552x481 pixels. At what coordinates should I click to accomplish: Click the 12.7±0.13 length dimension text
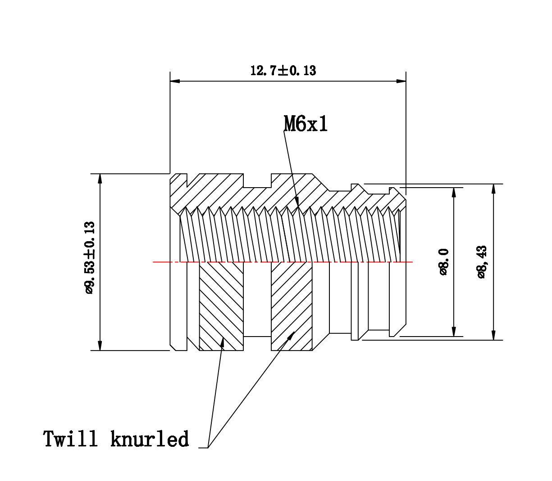(x=283, y=71)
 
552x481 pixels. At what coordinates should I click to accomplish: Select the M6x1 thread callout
(x=306, y=124)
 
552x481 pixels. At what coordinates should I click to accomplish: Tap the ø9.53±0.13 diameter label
(x=90, y=257)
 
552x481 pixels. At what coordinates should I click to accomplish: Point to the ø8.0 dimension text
(x=444, y=261)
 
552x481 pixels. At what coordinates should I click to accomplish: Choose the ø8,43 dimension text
(x=482, y=262)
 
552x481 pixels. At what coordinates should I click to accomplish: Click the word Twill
(x=70, y=439)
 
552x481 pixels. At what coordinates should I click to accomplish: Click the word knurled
(x=150, y=439)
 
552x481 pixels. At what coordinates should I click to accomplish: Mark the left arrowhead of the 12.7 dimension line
(x=175, y=81)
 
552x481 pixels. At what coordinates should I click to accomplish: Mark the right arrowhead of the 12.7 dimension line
(x=401, y=81)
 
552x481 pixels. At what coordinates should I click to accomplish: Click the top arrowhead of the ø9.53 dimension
(x=100, y=178)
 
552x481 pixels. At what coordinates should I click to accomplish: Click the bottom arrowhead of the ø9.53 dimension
(x=100, y=346)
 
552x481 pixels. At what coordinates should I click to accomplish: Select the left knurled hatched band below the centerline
(x=221, y=306)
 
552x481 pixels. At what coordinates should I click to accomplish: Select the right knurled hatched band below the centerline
(x=291, y=306)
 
